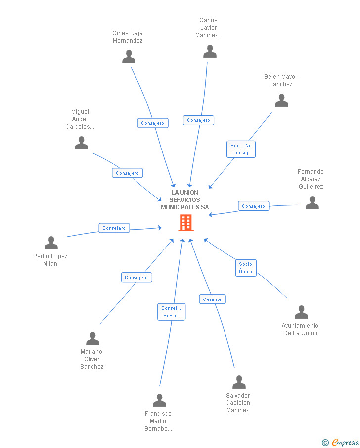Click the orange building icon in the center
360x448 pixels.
(186, 223)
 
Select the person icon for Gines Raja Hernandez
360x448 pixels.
(129, 57)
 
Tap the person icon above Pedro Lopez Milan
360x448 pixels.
(51, 243)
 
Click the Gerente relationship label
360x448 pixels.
(212, 299)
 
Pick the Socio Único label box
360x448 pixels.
(245, 268)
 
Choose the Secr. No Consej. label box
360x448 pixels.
(241, 149)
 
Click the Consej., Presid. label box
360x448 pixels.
(171, 312)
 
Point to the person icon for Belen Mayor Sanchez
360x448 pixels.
(281, 100)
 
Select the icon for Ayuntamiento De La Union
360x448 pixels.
(301, 312)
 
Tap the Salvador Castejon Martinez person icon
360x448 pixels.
(239, 382)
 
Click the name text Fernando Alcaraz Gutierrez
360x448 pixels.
(311, 179)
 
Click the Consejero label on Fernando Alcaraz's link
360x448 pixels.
(253, 206)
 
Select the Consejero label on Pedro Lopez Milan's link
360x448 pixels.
(114, 228)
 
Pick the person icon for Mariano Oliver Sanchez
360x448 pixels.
(92, 339)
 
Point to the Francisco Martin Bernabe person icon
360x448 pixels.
(159, 400)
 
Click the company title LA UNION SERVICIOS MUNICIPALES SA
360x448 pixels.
(184, 199)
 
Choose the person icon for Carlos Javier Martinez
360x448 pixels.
(210, 51)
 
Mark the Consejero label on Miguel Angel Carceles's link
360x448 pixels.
(127, 173)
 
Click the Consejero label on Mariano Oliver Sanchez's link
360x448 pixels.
(136, 277)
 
